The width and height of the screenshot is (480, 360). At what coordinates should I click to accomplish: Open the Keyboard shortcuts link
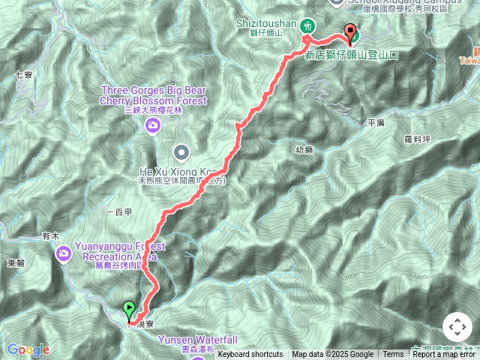250,355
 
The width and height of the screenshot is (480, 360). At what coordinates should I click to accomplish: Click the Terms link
393,355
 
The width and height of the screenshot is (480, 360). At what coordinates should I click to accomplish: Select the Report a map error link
445,355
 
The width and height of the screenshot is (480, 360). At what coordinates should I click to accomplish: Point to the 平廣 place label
376,122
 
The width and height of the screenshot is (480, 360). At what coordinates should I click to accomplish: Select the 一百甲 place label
119,213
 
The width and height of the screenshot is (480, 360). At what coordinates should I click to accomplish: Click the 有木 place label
50,235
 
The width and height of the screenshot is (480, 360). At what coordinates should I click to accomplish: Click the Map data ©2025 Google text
332,355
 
